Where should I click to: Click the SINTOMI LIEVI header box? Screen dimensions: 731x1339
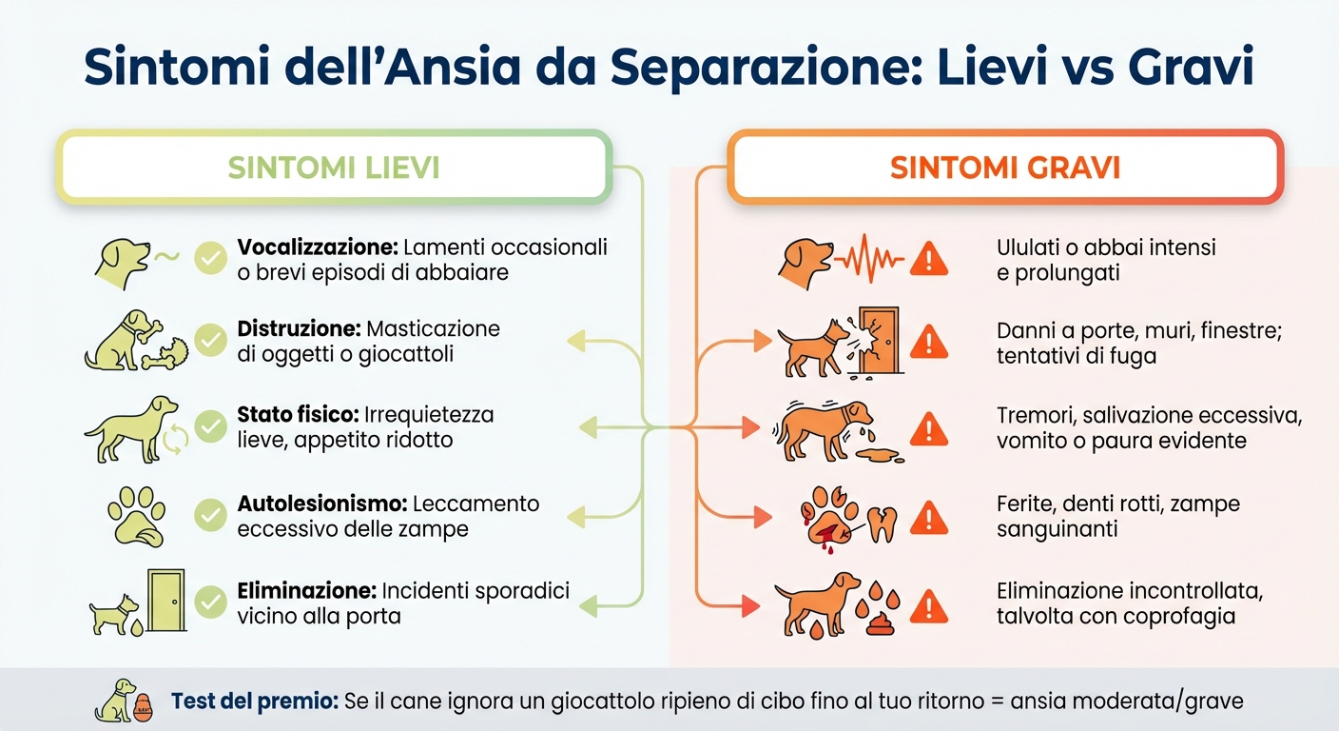(333, 168)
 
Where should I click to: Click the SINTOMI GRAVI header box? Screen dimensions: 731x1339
(1005, 168)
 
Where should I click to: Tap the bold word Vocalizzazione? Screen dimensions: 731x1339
(317, 247)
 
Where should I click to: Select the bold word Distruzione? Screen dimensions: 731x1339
(298, 329)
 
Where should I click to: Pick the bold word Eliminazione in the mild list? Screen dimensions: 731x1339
(304, 591)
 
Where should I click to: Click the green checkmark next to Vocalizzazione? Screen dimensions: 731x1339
(210, 259)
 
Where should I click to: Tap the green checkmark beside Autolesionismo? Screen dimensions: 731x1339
(210, 515)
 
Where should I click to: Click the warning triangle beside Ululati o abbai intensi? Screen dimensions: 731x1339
(928, 259)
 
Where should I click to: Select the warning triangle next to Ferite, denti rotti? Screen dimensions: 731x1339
(928, 519)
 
